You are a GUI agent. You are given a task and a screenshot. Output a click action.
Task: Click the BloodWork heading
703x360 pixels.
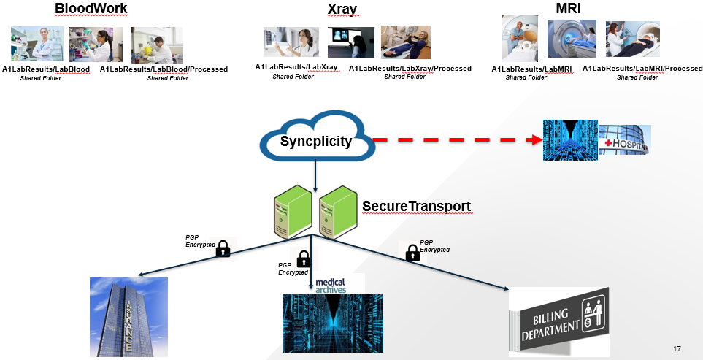click(x=91, y=9)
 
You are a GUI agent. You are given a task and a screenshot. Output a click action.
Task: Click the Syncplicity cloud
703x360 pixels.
click(x=315, y=139)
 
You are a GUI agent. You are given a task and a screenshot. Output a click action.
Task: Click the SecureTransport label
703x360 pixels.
click(x=416, y=206)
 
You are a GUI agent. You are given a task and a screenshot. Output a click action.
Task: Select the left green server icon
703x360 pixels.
click(x=291, y=211)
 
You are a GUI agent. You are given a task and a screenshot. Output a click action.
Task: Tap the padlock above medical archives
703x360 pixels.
click(x=304, y=258)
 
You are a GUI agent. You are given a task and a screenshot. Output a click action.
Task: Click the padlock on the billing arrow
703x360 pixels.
click(x=412, y=253)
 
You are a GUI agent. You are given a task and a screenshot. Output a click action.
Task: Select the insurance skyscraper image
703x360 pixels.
click(x=128, y=317)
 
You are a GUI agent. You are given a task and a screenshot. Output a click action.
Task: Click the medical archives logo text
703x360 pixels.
click(x=330, y=285)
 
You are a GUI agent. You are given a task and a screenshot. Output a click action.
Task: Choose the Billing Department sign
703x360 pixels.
click(x=558, y=321)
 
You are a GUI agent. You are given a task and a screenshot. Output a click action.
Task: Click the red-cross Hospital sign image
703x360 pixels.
click(x=624, y=139)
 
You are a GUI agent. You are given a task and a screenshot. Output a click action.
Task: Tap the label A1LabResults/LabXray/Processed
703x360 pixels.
click(x=410, y=69)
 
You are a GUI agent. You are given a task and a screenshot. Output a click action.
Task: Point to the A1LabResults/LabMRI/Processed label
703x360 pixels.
click(x=642, y=69)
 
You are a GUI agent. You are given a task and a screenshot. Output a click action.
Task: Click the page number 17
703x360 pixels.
click(x=677, y=349)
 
